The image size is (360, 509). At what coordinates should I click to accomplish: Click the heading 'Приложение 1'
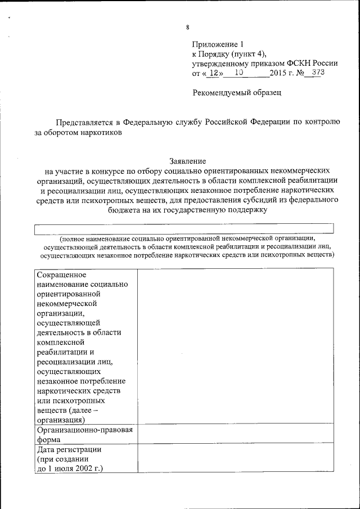pyautogui.click(x=219, y=44)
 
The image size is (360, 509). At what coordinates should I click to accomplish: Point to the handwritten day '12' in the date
pyautogui.click(x=210, y=73)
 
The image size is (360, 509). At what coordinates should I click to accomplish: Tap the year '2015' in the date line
pyautogui.click(x=278, y=73)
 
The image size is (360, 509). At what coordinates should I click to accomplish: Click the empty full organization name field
pyautogui.click(x=184, y=228)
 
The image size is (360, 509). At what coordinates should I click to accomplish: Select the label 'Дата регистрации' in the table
pyautogui.click(x=69, y=449)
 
